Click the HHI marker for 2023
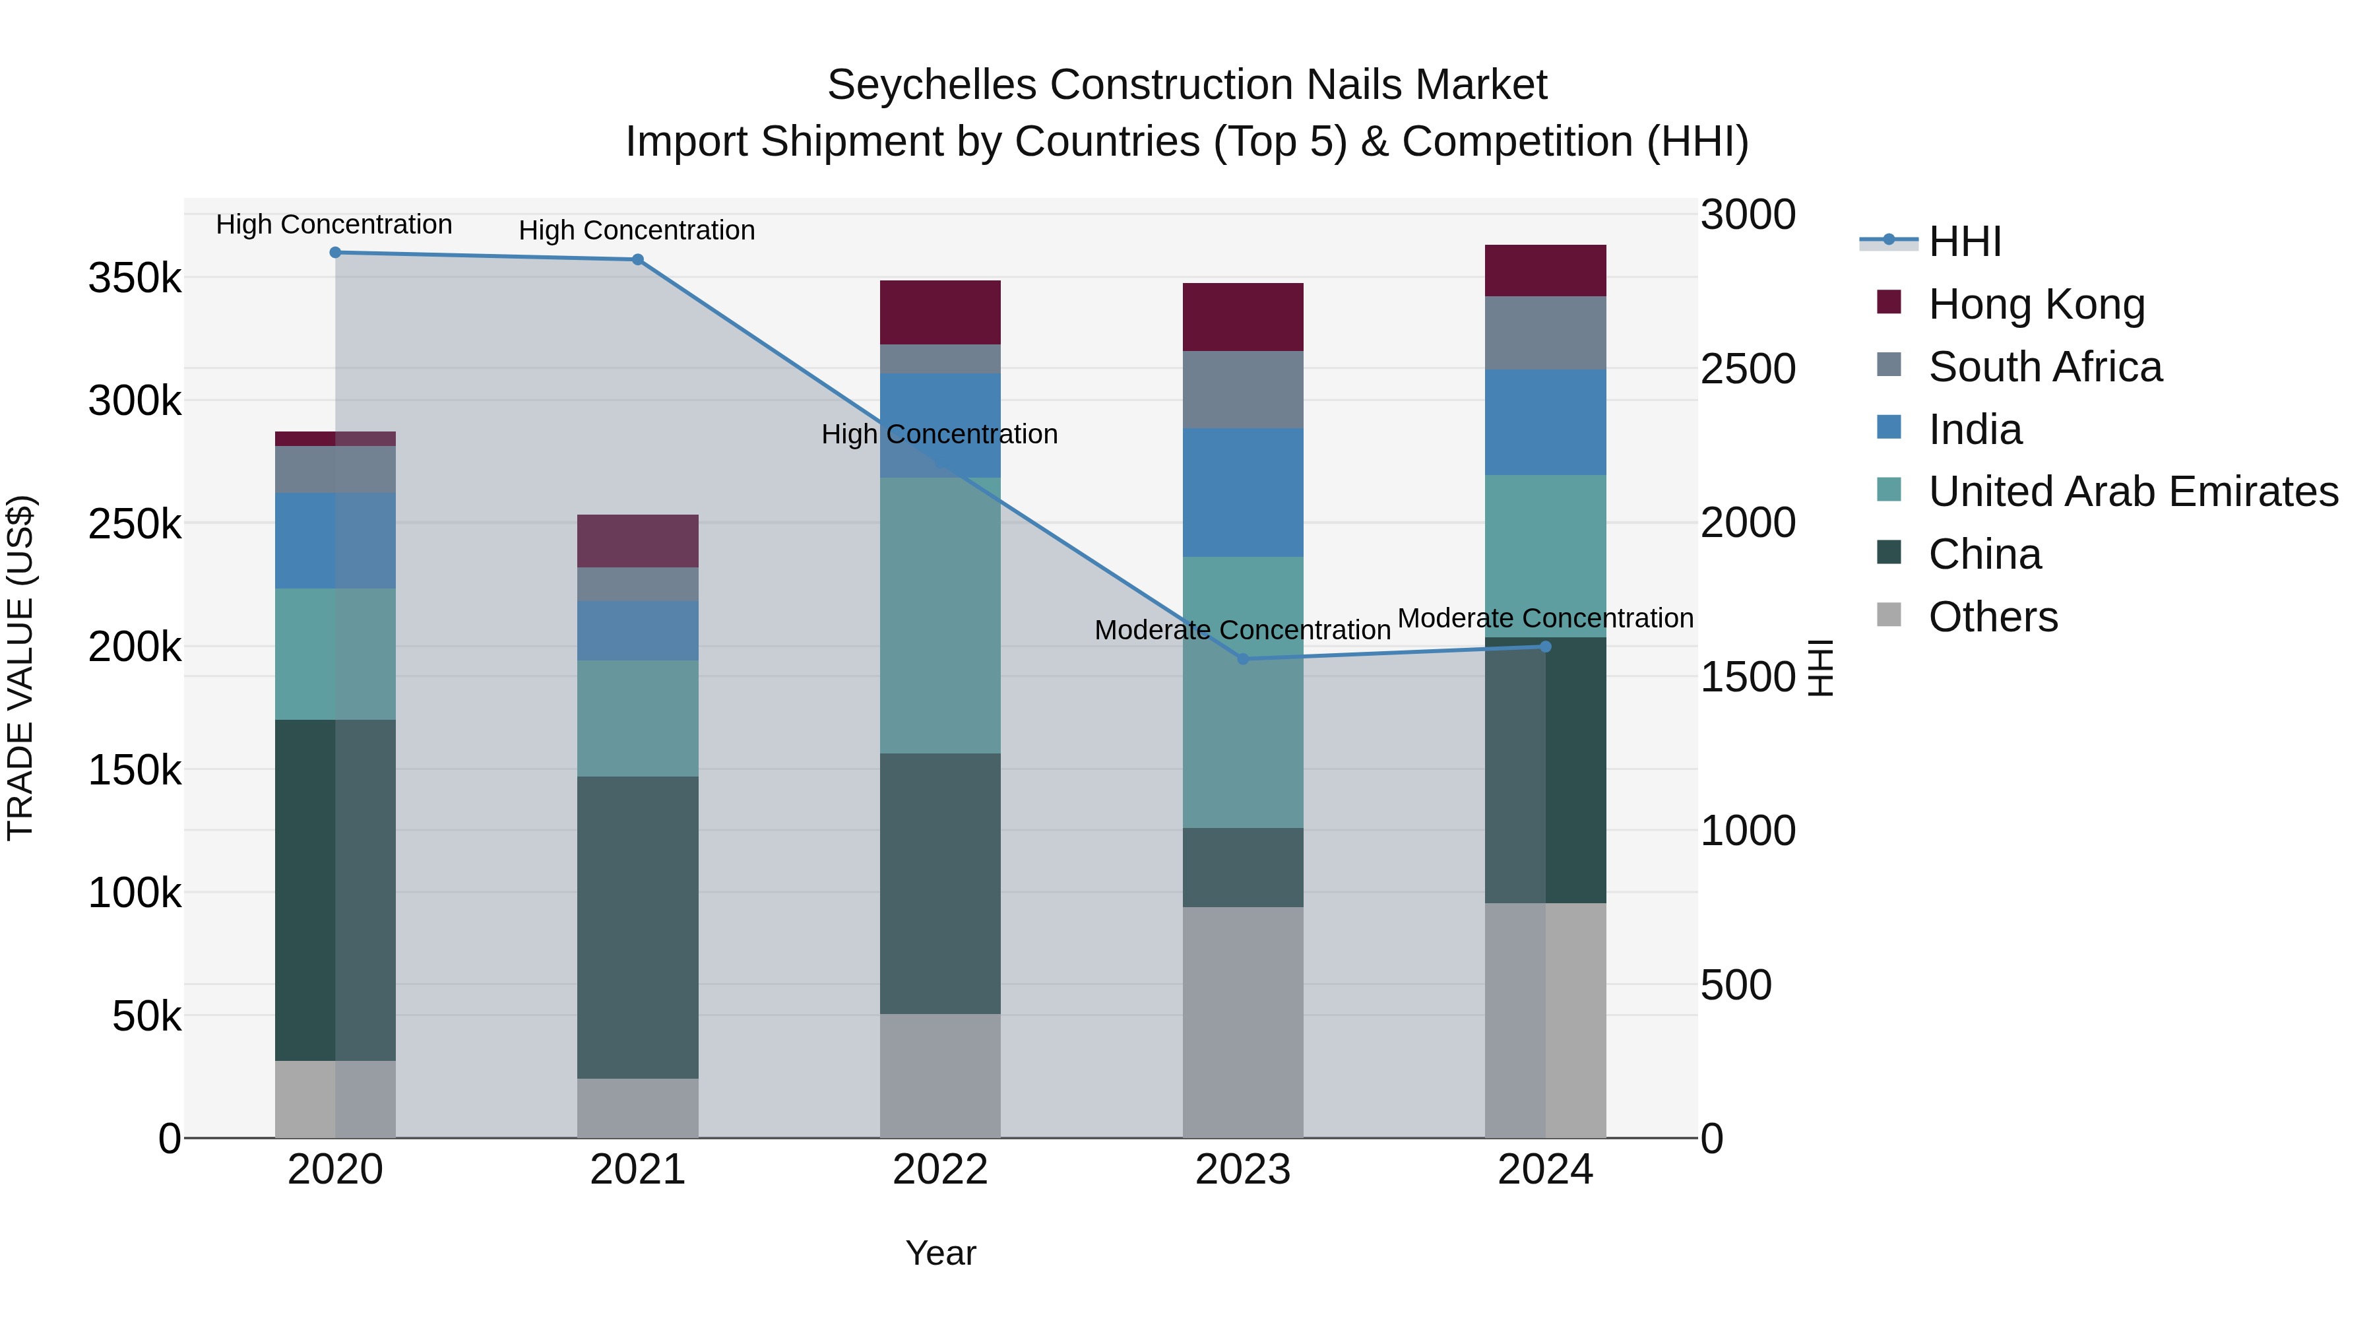pyautogui.click(x=1243, y=658)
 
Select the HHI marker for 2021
pyautogui.click(x=637, y=260)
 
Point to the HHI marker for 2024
pyautogui.click(x=1546, y=647)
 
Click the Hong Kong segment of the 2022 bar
pyautogui.click(x=940, y=313)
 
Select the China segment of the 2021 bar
pyautogui.click(x=637, y=927)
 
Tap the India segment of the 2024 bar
pyautogui.click(x=1546, y=422)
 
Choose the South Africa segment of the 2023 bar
pyautogui.click(x=1243, y=389)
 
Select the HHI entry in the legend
pyautogui.click(x=1964, y=241)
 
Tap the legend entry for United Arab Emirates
pyautogui.click(x=2132, y=492)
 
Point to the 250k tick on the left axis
pyautogui.click(x=135, y=525)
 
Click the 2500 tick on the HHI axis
pyautogui.click(x=1747, y=369)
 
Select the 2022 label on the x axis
pyautogui.click(x=940, y=1170)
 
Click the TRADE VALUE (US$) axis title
pyautogui.click(x=20, y=668)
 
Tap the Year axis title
pyautogui.click(x=940, y=1253)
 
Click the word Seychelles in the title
pyautogui.click(x=932, y=85)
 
